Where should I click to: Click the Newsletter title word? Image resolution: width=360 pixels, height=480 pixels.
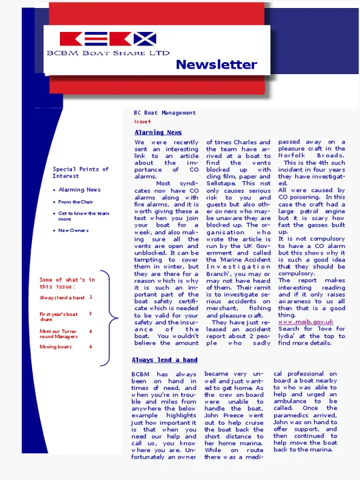[216, 65]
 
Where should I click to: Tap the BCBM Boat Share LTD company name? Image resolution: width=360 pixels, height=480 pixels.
[108, 52]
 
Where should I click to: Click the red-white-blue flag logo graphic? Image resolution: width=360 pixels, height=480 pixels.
[108, 39]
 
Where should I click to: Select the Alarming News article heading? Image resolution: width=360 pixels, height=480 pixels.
[158, 133]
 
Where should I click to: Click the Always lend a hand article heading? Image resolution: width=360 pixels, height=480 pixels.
[164, 360]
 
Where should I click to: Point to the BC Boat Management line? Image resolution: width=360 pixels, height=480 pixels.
[165, 113]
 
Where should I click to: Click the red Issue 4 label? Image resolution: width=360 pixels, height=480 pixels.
[142, 121]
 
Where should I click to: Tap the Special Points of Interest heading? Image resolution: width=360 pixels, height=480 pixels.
[81, 173]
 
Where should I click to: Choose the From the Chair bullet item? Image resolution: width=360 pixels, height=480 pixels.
[75, 202]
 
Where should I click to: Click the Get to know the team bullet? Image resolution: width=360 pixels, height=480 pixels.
[83, 216]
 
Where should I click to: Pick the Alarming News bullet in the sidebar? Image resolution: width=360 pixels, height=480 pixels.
[80, 190]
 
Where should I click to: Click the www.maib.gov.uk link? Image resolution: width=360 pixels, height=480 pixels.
[305, 322]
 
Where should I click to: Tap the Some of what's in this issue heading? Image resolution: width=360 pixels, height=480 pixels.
[67, 283]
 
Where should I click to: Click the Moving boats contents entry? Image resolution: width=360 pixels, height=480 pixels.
[55, 347]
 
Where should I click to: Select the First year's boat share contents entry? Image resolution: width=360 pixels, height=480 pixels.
[59, 316]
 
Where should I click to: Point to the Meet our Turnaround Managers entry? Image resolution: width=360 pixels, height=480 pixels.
[59, 333]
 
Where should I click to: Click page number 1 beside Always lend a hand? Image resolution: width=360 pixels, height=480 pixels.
[91, 298]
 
